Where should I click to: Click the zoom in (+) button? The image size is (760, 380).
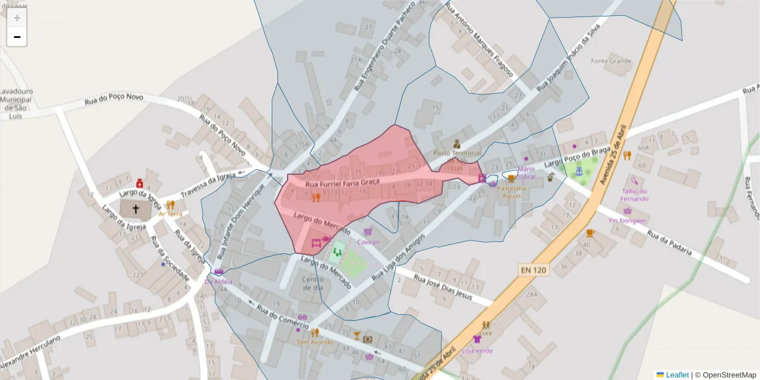pyautogui.click(x=17, y=18)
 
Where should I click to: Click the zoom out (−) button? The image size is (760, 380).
pyautogui.click(x=17, y=37)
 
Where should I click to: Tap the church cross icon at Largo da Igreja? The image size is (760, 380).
pyautogui.click(x=136, y=208)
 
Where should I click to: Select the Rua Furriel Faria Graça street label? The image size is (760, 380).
pyautogui.click(x=342, y=183)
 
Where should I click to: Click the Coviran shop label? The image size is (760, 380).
pyautogui.click(x=369, y=242)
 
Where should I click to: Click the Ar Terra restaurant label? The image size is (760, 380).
pyautogui.click(x=170, y=214)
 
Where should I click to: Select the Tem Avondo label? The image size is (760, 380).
pyautogui.click(x=315, y=342)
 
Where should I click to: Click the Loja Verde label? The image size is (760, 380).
pyautogui.click(x=477, y=350)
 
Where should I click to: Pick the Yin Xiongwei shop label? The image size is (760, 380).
pyautogui.click(x=627, y=220)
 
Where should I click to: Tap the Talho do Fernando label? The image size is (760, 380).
pyautogui.click(x=634, y=195)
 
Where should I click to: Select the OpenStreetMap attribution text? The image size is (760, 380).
pyautogui.click(x=726, y=375)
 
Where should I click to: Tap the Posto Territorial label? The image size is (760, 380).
pyautogui.click(x=457, y=153)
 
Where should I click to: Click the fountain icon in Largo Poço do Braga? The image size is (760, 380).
pyautogui.click(x=579, y=170)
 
